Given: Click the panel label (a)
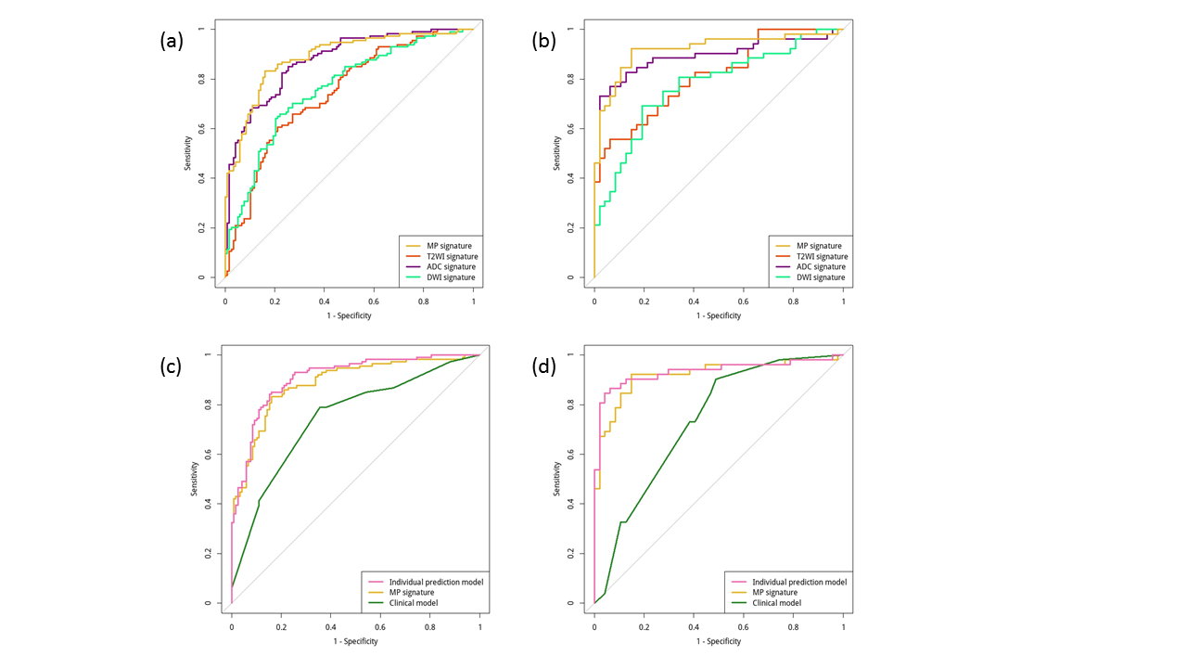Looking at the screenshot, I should [172, 41].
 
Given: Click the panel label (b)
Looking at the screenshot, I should [542, 41].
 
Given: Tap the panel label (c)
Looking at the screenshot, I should [172, 366].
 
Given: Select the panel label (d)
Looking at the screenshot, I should [542, 366].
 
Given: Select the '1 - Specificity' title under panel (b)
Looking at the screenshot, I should [719, 315].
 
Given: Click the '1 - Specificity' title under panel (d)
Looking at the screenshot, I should [719, 641].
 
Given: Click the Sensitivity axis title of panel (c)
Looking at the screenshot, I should [194, 479].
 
